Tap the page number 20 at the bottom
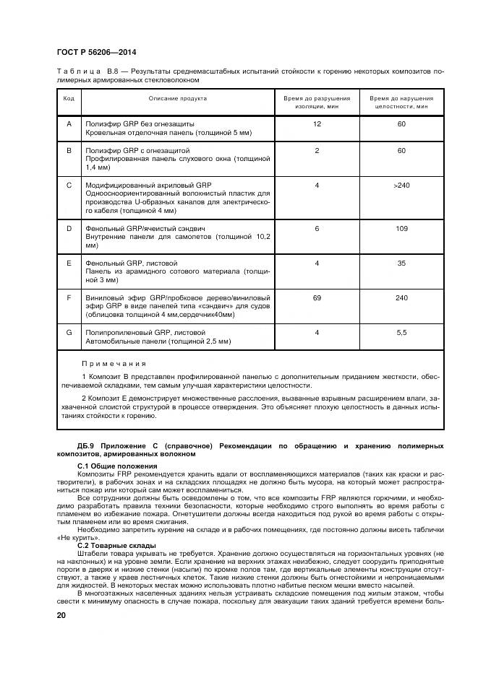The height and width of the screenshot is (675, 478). (x=61, y=614)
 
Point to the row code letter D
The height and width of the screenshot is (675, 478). (x=69, y=227)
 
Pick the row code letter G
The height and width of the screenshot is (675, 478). (x=69, y=332)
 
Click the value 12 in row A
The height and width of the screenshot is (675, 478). (x=317, y=124)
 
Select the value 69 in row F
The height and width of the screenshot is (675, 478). (x=317, y=297)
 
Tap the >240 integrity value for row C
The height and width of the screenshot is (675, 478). (x=401, y=186)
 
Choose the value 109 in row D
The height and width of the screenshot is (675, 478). (x=401, y=227)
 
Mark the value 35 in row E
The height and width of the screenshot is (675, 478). (x=401, y=263)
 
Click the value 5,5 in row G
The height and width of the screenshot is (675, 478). (x=401, y=332)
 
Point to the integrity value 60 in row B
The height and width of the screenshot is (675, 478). (x=401, y=150)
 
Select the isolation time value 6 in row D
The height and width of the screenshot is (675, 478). (x=317, y=227)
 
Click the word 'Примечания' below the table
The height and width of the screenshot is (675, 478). (x=114, y=364)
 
